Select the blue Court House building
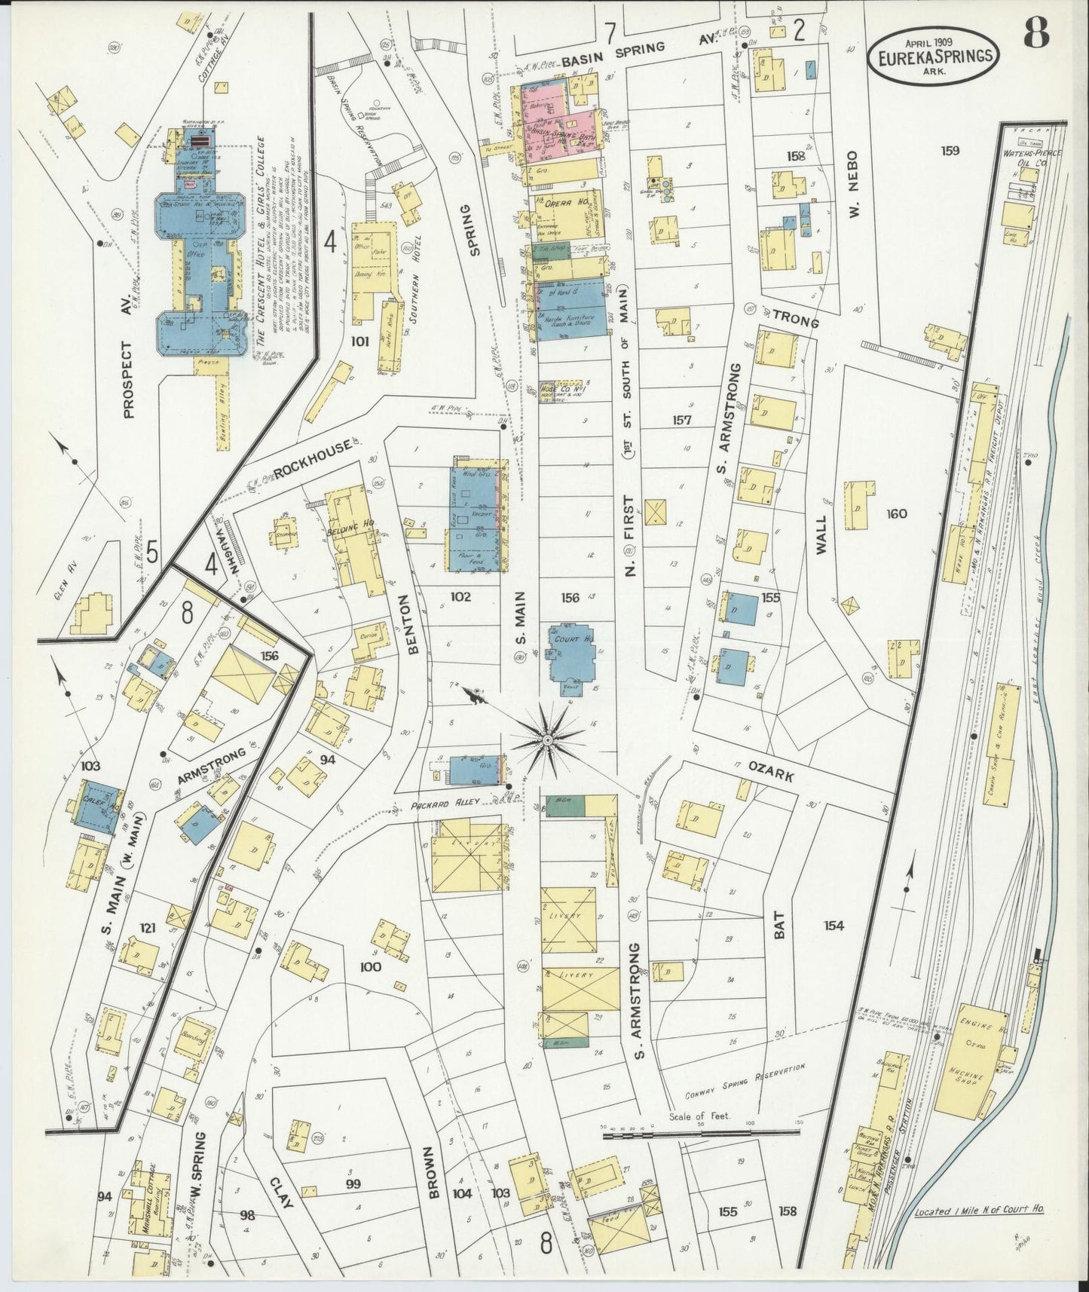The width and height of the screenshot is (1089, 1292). tap(571, 655)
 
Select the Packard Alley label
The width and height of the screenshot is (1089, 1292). tap(442, 806)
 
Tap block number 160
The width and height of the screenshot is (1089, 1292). tap(897, 514)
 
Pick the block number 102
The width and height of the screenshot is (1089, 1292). tap(460, 596)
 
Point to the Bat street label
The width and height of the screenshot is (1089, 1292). tap(779, 925)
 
